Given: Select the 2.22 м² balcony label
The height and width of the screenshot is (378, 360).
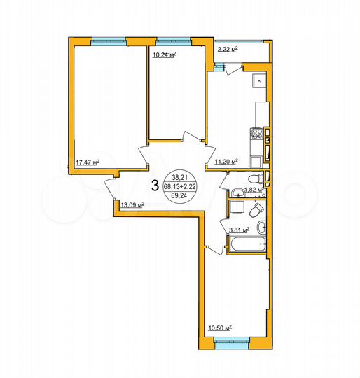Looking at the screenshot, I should [227, 50].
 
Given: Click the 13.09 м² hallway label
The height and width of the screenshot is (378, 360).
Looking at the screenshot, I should [132, 205].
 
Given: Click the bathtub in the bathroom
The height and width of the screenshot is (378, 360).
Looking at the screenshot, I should [247, 246].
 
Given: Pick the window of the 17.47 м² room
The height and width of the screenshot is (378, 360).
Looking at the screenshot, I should [108, 39].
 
